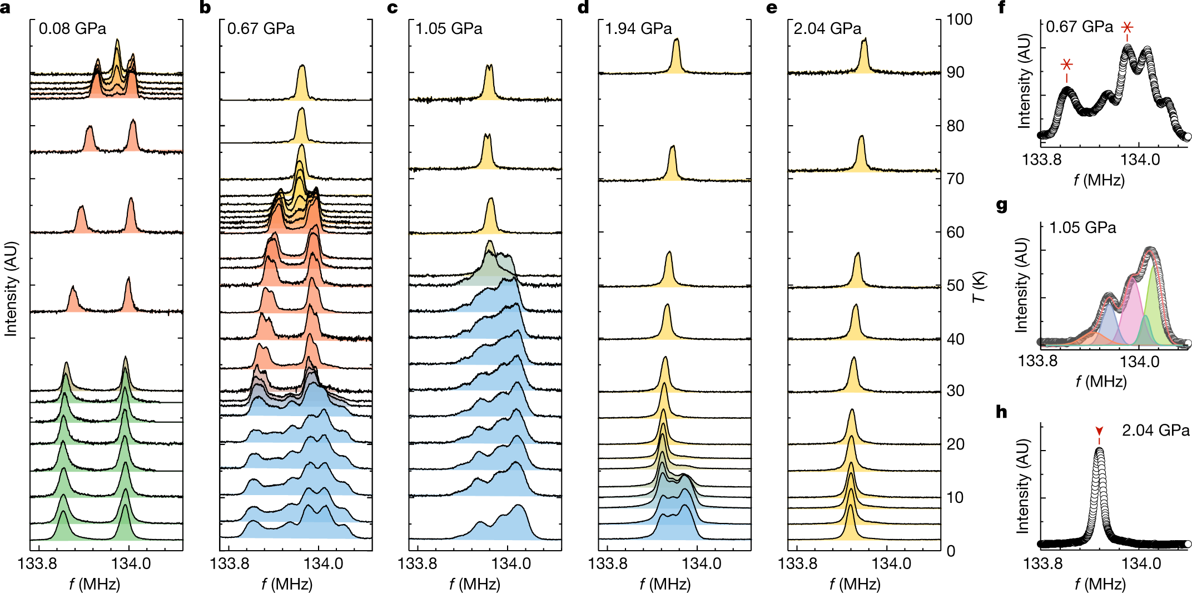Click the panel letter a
(5, 8)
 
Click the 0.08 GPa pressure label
(72, 28)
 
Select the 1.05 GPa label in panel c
(449, 28)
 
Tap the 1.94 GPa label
(638, 28)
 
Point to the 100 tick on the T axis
(960, 19)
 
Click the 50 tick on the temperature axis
(956, 285)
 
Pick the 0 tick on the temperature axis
(951, 551)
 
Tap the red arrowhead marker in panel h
(1099, 431)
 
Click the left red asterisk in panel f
(1066, 64)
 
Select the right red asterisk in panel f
(1127, 27)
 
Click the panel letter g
(1002, 206)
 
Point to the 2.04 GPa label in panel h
(1156, 430)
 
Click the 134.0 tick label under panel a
(131, 564)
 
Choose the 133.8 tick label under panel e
(797, 564)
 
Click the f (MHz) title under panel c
(475, 584)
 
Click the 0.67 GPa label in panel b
(261, 28)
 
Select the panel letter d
(583, 8)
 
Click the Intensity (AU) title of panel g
(1021, 285)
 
